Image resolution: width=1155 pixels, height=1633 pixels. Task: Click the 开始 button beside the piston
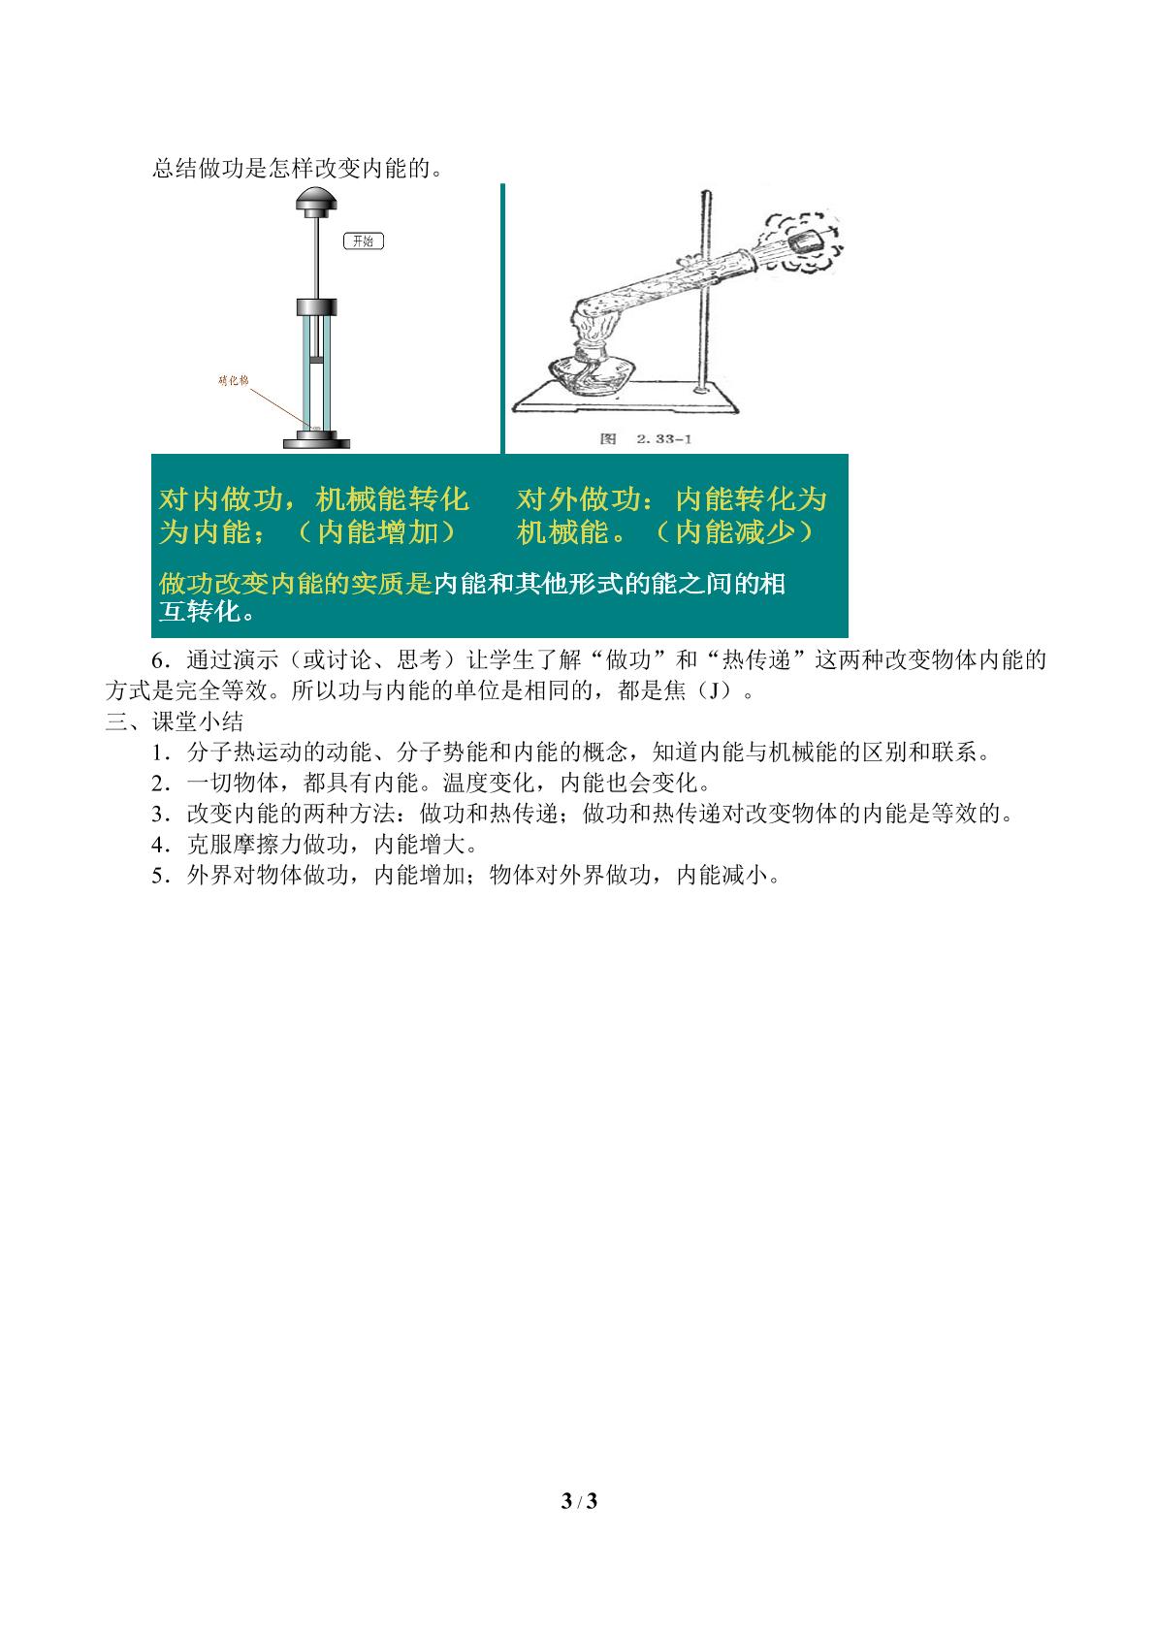[x=363, y=241]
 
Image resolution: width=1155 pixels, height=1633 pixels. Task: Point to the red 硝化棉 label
[x=234, y=380]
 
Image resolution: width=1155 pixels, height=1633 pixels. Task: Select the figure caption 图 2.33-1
[x=645, y=439]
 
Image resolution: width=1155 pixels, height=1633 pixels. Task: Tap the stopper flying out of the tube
[x=807, y=239]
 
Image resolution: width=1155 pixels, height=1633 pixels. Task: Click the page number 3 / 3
[x=579, y=1501]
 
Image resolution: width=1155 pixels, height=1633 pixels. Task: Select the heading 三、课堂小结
[x=175, y=721]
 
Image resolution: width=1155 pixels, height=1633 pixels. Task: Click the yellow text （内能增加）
[x=377, y=532]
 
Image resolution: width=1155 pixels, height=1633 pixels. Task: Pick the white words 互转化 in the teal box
[x=200, y=612]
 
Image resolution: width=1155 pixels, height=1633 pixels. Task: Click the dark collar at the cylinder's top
[x=316, y=306]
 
